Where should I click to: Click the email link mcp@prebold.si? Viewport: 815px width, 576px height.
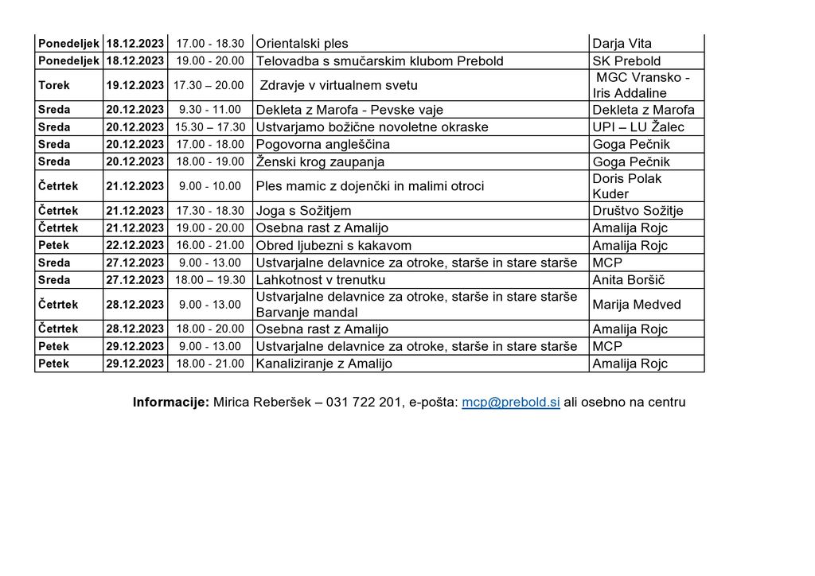(511, 403)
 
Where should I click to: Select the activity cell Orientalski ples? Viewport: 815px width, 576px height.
(302, 44)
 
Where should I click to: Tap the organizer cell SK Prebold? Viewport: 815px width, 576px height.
(626, 61)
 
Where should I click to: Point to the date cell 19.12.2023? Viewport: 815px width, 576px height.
(135, 85)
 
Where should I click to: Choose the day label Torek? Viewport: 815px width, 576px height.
(54, 85)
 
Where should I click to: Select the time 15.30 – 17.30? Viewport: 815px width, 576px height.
(209, 127)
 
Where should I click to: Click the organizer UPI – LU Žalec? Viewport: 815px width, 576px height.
(638, 127)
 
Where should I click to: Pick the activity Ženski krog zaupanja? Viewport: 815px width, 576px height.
(320, 162)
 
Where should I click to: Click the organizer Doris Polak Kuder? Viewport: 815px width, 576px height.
(627, 186)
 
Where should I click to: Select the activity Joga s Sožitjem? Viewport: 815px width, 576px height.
(303, 211)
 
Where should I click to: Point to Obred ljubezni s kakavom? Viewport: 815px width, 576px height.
(333, 245)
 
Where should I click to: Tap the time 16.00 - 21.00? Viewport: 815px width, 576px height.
(209, 245)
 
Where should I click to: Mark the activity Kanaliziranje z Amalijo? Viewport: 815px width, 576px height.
(324, 364)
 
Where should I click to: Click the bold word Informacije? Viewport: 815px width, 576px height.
(170, 403)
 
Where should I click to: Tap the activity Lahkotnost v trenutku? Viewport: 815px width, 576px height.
(321, 280)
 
